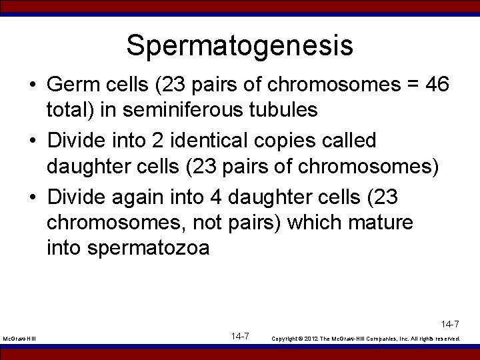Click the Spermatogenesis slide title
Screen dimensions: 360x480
click(239, 45)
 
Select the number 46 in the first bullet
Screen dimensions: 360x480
click(437, 85)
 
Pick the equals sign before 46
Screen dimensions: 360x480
click(409, 85)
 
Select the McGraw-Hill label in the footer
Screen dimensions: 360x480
click(20, 339)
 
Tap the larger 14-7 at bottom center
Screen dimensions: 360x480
click(240, 336)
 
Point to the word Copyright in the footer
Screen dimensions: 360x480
click(285, 339)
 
